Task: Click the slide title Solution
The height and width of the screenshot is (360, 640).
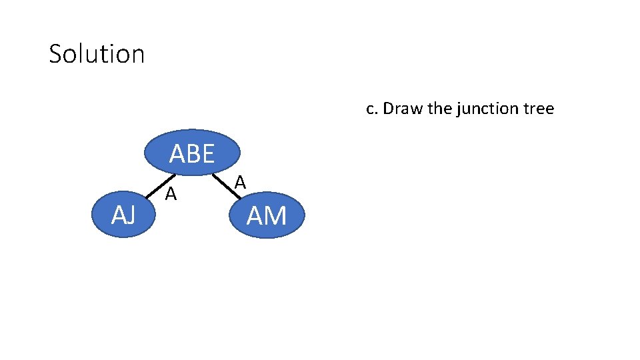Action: (x=97, y=54)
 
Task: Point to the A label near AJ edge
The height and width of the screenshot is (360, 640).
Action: (x=171, y=195)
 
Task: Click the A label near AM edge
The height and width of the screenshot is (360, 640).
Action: (x=241, y=182)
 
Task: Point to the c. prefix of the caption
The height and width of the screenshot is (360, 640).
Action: (x=373, y=109)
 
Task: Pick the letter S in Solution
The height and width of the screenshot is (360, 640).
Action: (x=56, y=54)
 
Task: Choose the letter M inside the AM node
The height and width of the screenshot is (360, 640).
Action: (x=275, y=216)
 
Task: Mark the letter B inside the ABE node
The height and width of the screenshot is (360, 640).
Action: (x=192, y=154)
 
